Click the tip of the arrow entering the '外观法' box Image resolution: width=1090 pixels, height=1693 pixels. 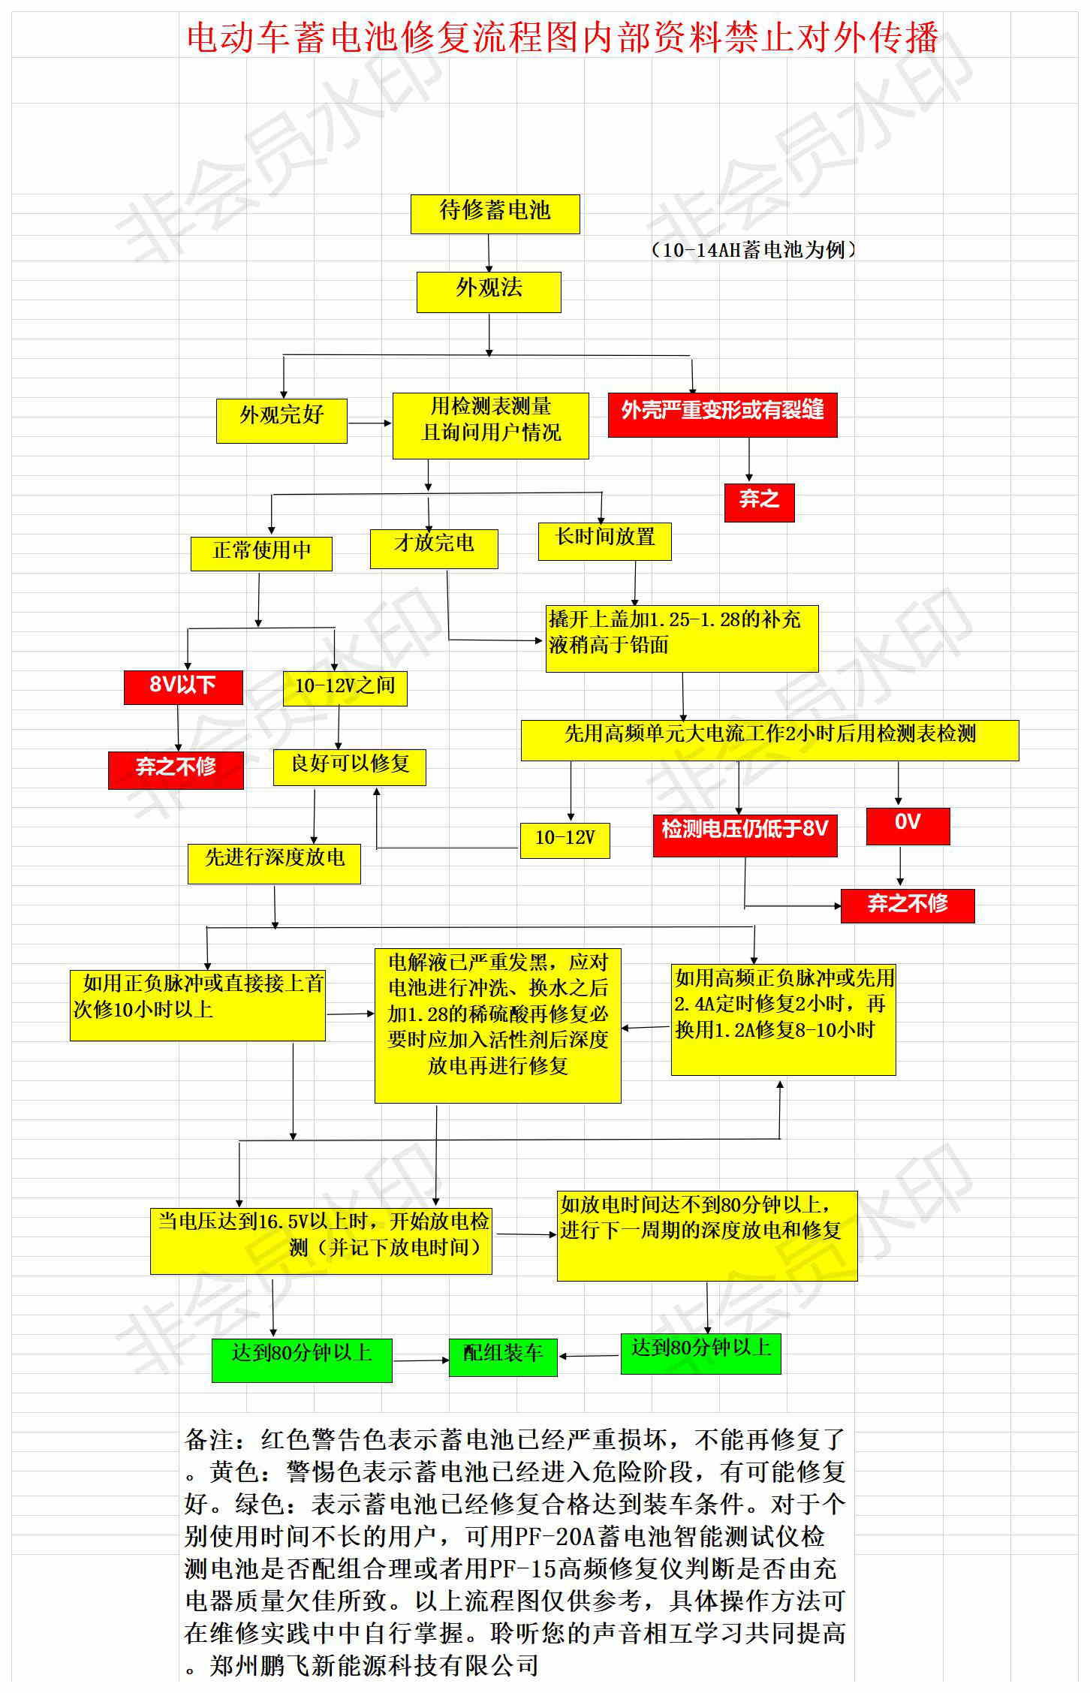coord(489,272)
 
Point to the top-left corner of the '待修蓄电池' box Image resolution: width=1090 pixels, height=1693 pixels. coord(411,195)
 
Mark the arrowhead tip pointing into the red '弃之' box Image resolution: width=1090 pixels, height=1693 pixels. coord(748,482)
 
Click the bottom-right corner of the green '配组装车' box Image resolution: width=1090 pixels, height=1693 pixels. coord(557,1376)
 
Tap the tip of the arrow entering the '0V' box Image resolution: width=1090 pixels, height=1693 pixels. coord(899,807)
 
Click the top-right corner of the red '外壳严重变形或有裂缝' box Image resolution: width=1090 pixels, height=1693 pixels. coord(837,393)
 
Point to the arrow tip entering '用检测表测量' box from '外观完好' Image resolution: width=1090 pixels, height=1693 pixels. coord(393,423)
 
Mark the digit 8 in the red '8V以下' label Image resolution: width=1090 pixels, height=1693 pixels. coord(155,685)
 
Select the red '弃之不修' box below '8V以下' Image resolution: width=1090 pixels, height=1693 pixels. coord(176,770)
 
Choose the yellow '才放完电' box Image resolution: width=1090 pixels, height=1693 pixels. coord(434,549)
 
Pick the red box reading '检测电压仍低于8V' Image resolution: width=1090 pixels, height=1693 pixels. coord(745,836)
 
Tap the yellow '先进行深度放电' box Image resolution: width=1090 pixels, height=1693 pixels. coord(274,863)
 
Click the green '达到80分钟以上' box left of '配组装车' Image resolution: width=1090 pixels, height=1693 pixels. coord(302,1360)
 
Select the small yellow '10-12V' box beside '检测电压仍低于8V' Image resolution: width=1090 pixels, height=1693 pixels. coord(565,840)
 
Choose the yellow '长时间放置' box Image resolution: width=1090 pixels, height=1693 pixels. coord(604,541)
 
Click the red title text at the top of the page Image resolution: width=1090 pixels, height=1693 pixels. coord(562,37)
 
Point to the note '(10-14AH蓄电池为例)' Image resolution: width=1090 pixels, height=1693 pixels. coord(752,250)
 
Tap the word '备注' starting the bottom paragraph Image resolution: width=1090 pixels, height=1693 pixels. coord(209,1439)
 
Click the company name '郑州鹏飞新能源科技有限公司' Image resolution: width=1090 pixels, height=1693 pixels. coord(374,1666)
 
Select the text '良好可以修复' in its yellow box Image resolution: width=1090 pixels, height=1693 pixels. coord(350,764)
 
